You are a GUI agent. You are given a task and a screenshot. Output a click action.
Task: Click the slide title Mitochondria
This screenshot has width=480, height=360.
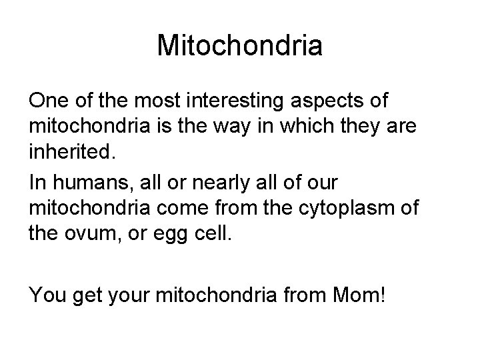tap(240, 46)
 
